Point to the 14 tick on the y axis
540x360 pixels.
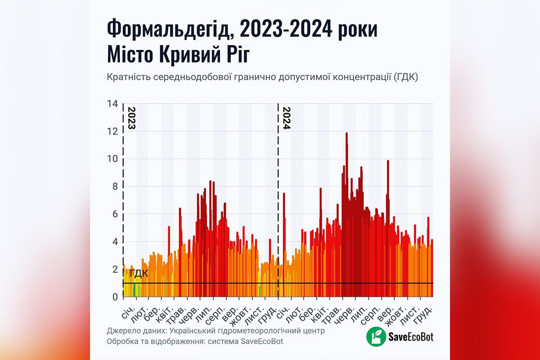coord(112,104)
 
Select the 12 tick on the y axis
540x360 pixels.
coord(112,131)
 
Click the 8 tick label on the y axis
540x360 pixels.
coord(115,187)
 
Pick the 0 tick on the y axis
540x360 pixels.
coord(115,297)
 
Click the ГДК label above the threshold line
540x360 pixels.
coord(139,274)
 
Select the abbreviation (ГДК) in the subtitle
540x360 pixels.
coord(406,77)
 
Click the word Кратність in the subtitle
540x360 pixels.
coord(127,77)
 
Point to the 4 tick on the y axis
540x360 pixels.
coord(115,242)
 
